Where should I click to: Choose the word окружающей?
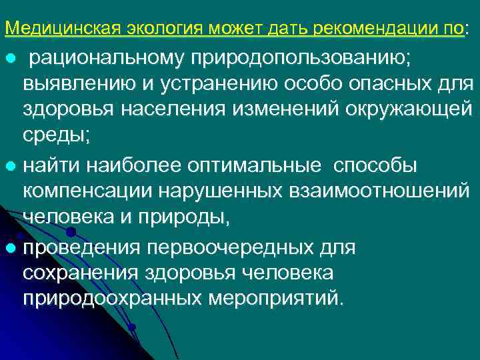[401, 111]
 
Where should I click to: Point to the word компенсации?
[88, 190]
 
